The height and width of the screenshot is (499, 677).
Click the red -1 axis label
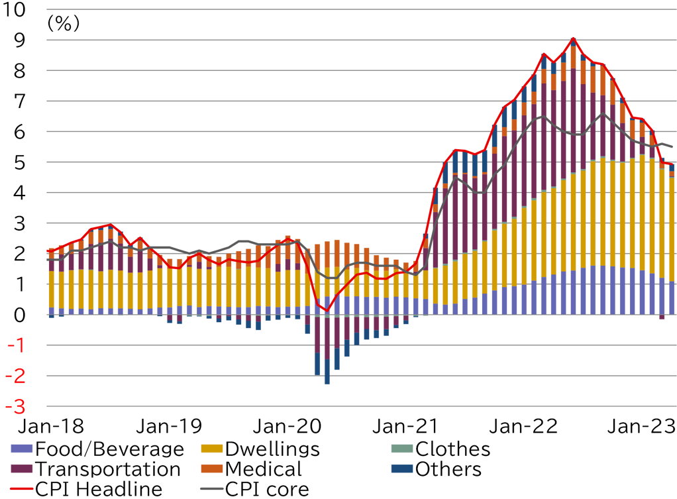click(x=17, y=345)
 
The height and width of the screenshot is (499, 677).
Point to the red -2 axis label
click(x=15, y=376)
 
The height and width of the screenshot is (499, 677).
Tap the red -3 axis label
click(x=15, y=406)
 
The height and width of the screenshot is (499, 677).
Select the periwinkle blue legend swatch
click(x=21, y=449)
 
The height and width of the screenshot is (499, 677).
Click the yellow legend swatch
click(x=212, y=449)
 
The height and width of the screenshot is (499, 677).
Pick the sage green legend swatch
click(x=402, y=449)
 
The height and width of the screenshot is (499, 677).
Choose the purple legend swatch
click(x=21, y=469)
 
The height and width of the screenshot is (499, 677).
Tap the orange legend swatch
click(x=212, y=469)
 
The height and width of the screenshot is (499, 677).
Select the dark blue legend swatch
click(x=402, y=469)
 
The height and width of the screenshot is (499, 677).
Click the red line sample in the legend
click(x=21, y=488)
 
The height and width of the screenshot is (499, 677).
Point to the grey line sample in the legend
click(x=212, y=488)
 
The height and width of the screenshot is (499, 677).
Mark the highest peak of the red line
click(x=573, y=38)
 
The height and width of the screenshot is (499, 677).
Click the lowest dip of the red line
click(x=326, y=310)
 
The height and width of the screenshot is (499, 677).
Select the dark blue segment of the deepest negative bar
click(x=327, y=372)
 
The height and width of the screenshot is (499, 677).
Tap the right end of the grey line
click(x=672, y=146)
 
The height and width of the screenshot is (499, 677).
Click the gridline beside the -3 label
click(x=358, y=406)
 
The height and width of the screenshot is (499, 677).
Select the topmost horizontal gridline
click(x=358, y=9)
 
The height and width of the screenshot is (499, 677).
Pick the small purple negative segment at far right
click(x=662, y=317)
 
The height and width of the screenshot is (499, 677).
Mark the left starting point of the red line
click(x=47, y=250)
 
